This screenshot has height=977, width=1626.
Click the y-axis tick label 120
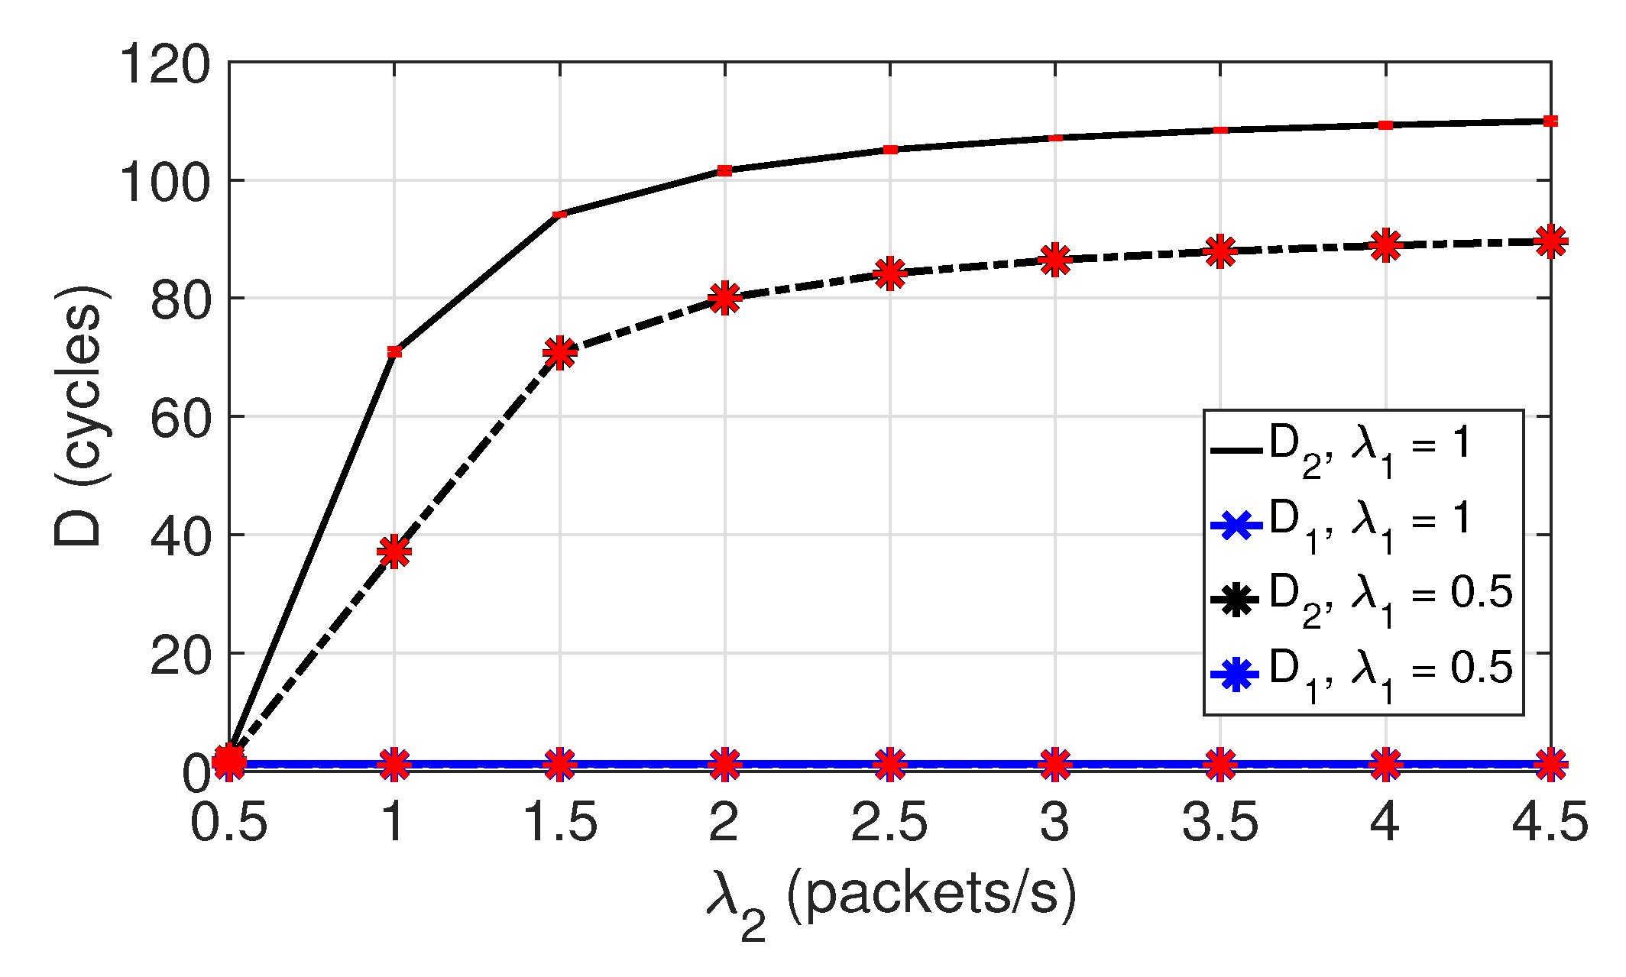(164, 65)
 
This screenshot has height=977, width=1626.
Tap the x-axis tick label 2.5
(889, 823)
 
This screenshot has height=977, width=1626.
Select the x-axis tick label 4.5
(1550, 823)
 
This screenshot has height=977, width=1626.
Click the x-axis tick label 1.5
(559, 823)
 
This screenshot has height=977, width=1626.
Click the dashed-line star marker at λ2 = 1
(394, 551)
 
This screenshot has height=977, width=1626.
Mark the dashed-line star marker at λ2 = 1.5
(559, 352)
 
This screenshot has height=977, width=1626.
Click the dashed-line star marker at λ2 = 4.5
(1550, 242)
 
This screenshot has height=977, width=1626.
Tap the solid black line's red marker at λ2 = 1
(394, 351)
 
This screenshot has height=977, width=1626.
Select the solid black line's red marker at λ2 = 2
(724, 170)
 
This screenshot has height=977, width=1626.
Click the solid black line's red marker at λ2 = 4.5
(1550, 121)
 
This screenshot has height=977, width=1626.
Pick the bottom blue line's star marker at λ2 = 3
(1055, 764)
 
